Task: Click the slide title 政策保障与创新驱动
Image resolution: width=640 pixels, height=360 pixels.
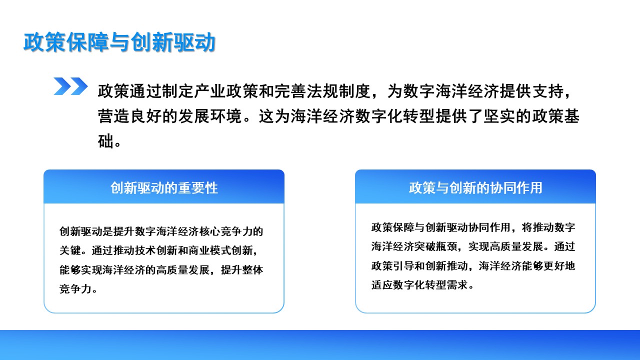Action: (x=119, y=42)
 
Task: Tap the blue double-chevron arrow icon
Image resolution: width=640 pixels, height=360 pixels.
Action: (x=70, y=86)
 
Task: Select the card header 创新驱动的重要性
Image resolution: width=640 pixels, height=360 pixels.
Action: (x=164, y=188)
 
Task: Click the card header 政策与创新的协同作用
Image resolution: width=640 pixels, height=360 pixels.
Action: (x=475, y=188)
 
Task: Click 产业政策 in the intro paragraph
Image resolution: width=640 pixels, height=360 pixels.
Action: (x=210, y=91)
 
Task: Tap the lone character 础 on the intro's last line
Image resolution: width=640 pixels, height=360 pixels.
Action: (x=105, y=141)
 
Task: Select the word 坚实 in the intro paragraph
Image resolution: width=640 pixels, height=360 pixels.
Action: (x=499, y=116)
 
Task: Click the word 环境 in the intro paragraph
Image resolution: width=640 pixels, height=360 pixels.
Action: (x=226, y=116)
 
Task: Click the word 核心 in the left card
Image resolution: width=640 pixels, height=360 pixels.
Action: (x=209, y=231)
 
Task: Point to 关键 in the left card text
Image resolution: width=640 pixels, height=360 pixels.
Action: (x=70, y=250)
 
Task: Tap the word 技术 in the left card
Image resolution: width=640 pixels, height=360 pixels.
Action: (x=145, y=250)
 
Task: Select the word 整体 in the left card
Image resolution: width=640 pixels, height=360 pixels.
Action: (x=252, y=269)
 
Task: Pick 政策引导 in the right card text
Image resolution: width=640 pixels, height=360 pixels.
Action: (x=393, y=265)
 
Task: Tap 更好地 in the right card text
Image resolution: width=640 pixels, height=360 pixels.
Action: (x=559, y=265)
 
